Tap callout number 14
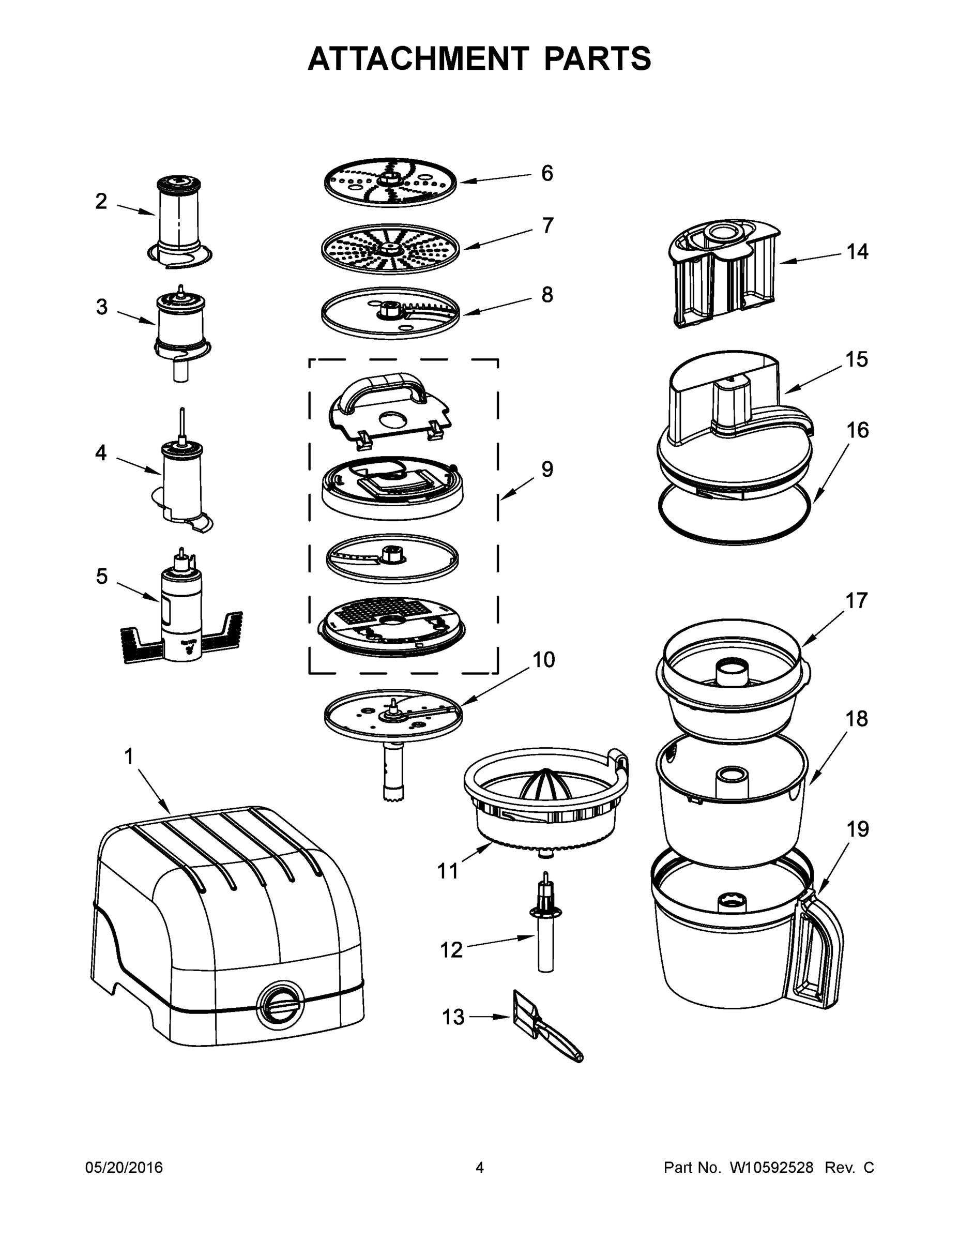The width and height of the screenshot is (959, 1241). coord(857,252)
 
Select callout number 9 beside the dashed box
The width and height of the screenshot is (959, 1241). coord(546,470)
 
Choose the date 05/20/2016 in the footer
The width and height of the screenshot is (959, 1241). coord(124,1168)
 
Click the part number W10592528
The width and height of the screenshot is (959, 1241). coord(771,1168)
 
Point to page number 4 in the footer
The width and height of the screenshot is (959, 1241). coord(480,1168)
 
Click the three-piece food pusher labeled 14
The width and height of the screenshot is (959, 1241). coord(723,273)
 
